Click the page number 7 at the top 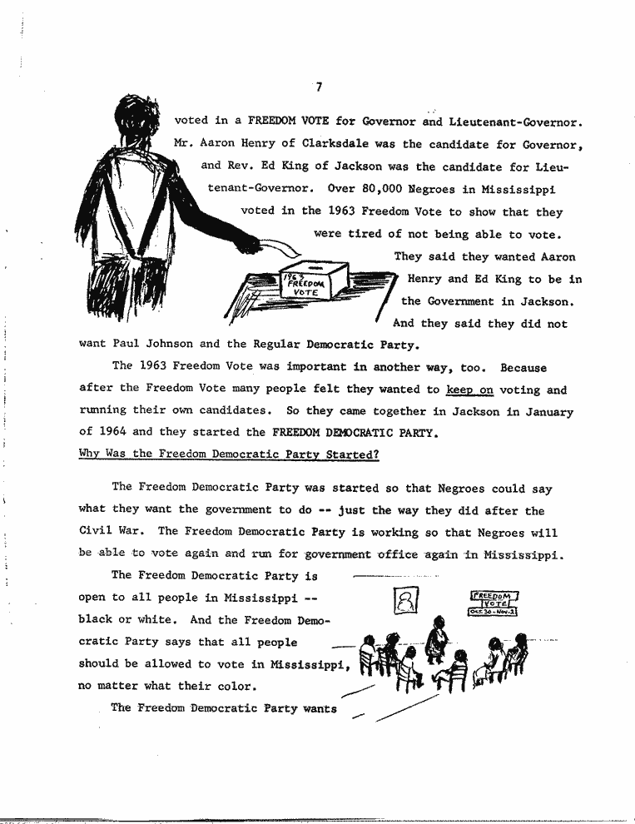[319, 84]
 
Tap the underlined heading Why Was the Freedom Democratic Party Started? [229, 454]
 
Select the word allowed [171, 664]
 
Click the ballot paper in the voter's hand [280, 246]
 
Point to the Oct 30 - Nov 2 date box [493, 612]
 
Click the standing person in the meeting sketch [434, 641]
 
